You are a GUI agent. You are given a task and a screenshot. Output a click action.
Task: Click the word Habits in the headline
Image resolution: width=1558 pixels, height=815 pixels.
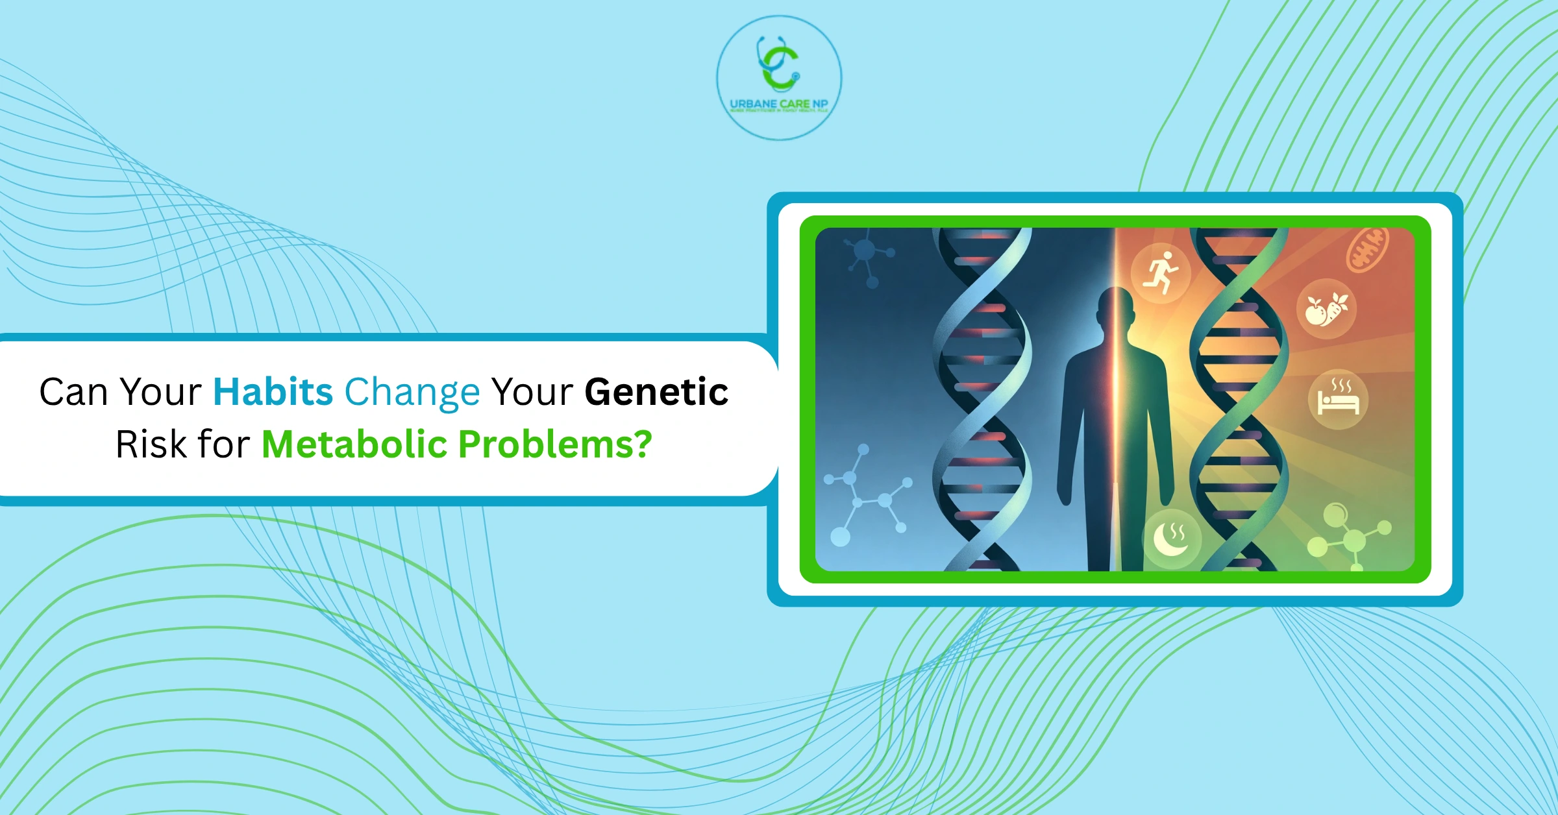pyautogui.click(x=273, y=393)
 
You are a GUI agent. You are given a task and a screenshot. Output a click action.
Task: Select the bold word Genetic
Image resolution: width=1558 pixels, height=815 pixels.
pyautogui.click(x=656, y=393)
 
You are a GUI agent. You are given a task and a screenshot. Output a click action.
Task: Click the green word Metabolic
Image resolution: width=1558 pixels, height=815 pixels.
pyautogui.click(x=354, y=444)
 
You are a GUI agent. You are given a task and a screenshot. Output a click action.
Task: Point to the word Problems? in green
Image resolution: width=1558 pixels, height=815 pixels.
pyautogui.click(x=555, y=446)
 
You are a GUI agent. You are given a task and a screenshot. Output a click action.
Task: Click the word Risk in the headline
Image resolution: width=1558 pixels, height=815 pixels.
pyautogui.click(x=150, y=444)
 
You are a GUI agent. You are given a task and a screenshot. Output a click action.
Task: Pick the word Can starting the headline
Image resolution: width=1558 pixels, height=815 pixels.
pyautogui.click(x=73, y=393)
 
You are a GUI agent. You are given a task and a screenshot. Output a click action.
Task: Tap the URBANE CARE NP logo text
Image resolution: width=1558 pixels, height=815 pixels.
pyautogui.click(x=778, y=104)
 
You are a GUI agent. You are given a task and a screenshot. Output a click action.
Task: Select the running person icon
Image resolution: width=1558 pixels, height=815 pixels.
pyautogui.click(x=1161, y=273)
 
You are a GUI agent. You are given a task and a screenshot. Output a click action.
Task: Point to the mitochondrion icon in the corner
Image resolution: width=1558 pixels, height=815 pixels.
pyautogui.click(x=1368, y=249)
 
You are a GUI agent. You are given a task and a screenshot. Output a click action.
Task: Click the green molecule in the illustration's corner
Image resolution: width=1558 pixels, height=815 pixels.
pyautogui.click(x=1350, y=535)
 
